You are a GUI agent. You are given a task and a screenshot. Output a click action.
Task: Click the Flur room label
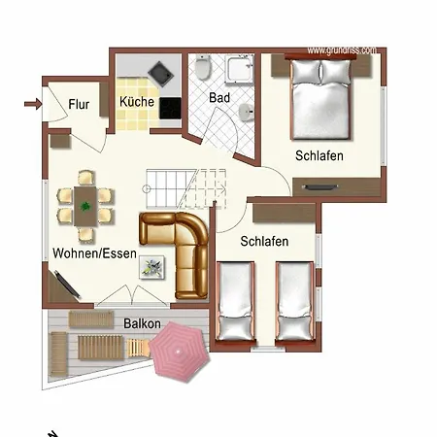click(x=79, y=105)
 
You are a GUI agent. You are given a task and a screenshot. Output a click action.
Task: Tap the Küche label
click(x=137, y=102)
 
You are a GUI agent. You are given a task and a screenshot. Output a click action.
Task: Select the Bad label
click(x=219, y=97)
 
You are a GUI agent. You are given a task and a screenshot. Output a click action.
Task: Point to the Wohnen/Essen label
click(x=94, y=253)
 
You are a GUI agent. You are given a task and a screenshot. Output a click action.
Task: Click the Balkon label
click(x=142, y=323)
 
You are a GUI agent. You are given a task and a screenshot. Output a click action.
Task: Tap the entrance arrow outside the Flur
click(x=33, y=104)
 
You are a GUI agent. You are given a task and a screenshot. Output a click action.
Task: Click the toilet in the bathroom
click(x=203, y=67)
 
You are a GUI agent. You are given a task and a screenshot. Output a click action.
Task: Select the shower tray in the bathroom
click(x=239, y=69)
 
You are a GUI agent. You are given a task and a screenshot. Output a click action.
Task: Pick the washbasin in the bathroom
click(x=246, y=113)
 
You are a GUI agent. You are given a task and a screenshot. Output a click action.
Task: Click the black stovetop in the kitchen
click(x=170, y=109)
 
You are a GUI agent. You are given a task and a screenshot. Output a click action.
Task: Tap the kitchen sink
click(x=160, y=74)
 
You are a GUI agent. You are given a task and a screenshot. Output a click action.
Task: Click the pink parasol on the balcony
click(x=179, y=352)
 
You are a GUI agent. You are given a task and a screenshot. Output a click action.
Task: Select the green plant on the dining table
click(x=85, y=206)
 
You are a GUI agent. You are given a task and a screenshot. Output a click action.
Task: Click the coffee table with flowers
click(x=151, y=267)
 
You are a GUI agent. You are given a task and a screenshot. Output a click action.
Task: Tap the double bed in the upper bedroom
click(x=320, y=99)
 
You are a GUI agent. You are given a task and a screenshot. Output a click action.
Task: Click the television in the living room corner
click(x=67, y=284)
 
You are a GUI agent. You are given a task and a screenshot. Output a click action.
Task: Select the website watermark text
click(x=342, y=50)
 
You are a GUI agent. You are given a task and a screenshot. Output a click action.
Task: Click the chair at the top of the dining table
click(x=86, y=178)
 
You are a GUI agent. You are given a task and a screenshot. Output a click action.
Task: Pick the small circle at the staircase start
click(x=146, y=188)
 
